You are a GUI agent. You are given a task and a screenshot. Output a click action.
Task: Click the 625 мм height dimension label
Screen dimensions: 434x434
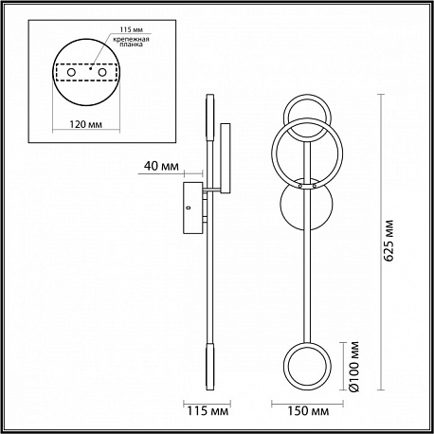click(390, 241)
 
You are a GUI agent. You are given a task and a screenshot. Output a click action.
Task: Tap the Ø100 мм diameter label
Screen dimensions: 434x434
click(354, 367)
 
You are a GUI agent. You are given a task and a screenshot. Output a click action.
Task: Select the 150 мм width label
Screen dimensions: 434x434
click(308, 411)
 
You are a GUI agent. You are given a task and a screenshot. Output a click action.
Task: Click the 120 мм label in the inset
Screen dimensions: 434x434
click(85, 124)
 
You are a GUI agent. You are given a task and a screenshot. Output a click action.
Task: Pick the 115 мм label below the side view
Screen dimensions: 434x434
click(208, 411)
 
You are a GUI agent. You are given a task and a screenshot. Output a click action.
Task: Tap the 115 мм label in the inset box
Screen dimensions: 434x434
click(132, 29)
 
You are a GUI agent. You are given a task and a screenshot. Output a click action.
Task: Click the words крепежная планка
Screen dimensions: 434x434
click(131, 42)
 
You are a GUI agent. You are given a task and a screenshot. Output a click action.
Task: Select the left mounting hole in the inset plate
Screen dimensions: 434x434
click(71, 72)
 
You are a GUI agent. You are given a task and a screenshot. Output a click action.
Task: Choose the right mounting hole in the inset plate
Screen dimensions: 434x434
click(101, 72)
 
